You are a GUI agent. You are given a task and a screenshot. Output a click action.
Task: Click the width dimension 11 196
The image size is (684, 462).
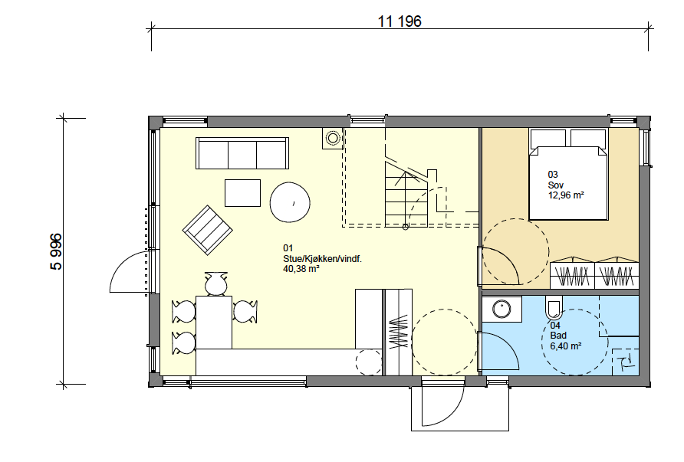[400, 21]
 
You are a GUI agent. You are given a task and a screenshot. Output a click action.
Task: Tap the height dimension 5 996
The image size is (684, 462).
[57, 252]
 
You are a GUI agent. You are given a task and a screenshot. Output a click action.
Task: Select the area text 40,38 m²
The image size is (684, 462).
[301, 269]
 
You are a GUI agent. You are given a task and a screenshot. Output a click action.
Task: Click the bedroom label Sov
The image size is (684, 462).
[555, 185]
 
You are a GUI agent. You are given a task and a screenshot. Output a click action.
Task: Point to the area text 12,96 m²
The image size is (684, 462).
[566, 195]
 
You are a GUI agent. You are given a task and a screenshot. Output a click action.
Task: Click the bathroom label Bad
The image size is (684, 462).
[558, 336]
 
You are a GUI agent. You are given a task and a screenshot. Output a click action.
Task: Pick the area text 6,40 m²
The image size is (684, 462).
[565, 346]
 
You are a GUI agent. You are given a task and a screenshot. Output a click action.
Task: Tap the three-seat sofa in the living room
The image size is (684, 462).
[242, 153]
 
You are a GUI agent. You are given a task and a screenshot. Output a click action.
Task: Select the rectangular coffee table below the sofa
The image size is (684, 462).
[242, 192]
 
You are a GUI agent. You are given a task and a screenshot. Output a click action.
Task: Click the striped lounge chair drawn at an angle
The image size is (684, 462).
[207, 230]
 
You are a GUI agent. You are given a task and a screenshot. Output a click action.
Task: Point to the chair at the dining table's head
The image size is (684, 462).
[216, 283]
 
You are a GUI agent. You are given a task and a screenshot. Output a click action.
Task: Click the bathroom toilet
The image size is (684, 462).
[554, 308]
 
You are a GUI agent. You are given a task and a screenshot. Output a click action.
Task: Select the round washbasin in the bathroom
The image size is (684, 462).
[501, 309]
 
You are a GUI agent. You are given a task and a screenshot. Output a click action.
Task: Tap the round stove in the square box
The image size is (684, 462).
[333, 139]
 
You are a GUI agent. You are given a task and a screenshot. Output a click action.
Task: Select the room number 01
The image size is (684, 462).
[288, 248]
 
